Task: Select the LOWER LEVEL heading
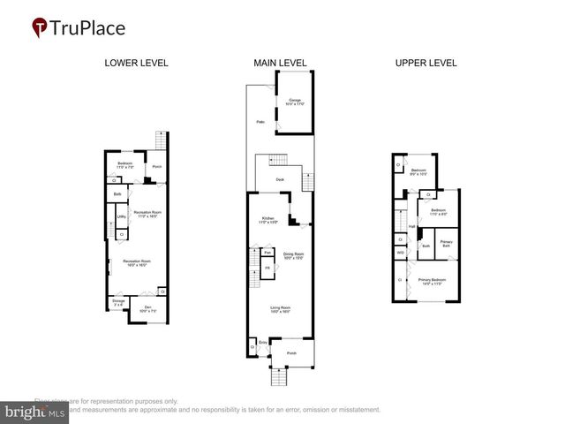136,63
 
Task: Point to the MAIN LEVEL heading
279,63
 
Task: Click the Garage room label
296,102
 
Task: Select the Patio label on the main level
260,121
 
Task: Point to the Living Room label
281,309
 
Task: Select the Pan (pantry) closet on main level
267,253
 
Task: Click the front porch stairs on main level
278,377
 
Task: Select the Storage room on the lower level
118,303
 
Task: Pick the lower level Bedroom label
125,164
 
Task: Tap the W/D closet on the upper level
400,253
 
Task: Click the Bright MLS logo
35,411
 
